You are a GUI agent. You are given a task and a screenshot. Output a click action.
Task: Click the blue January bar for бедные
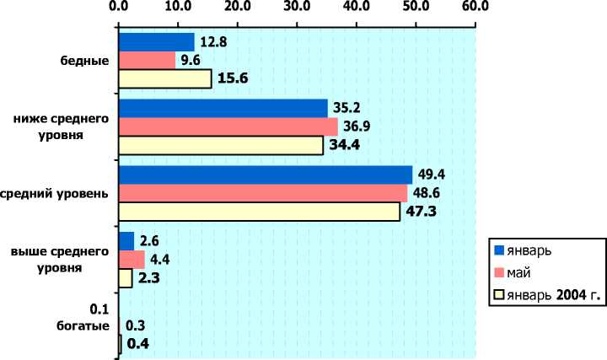point(156,42)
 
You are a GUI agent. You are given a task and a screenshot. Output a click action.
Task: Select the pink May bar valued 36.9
point(228,126)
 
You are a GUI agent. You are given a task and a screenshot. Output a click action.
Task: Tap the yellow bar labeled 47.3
point(259,212)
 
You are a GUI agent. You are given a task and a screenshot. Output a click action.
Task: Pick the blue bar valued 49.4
point(265,175)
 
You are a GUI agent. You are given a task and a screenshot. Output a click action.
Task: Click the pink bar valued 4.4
point(132,260)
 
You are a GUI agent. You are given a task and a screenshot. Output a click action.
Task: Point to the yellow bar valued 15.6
point(164,79)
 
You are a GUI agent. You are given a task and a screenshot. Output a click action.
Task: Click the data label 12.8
point(214,40)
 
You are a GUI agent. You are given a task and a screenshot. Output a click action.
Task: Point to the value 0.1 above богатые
point(99,308)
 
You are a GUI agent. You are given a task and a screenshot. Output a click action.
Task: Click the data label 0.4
point(139,343)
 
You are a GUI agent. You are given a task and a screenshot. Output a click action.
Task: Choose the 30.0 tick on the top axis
point(297,8)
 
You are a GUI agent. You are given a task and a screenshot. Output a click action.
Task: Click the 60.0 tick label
point(475,8)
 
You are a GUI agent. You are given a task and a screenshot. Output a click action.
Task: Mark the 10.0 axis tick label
point(178,8)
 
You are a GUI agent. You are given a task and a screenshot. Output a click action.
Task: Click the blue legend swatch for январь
point(499,250)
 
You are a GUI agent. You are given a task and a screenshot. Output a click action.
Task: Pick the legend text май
point(519,272)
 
